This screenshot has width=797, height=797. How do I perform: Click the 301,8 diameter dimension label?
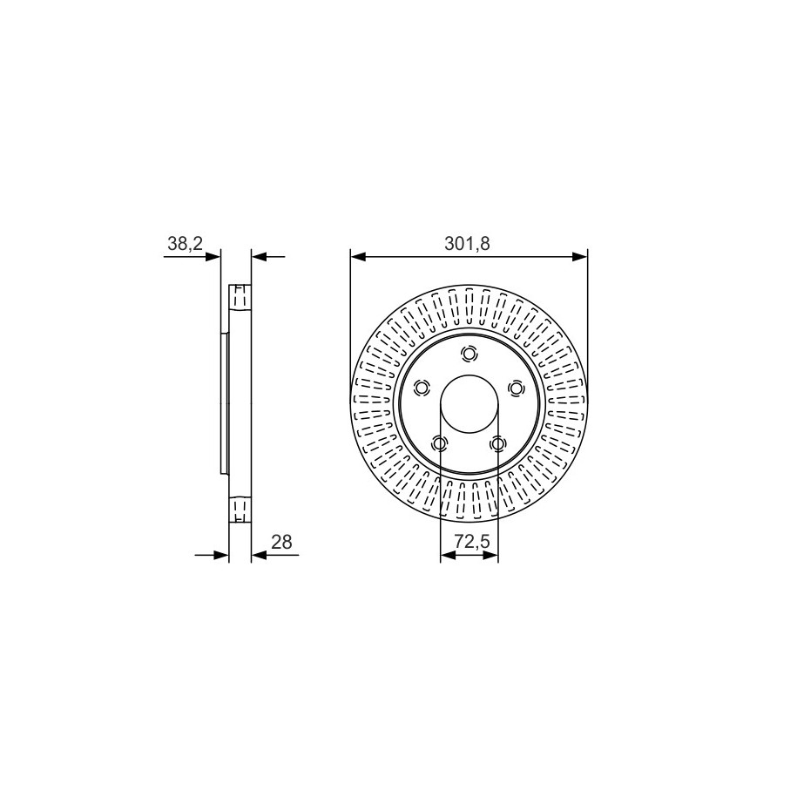coord(467,244)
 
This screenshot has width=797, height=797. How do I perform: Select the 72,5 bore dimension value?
coord(471,542)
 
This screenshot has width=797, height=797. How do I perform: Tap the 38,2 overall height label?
coord(185,244)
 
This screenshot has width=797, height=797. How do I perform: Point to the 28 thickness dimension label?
coord(281,542)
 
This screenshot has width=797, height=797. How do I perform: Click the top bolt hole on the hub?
coord(469,354)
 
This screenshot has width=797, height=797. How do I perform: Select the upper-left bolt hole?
coord(422,388)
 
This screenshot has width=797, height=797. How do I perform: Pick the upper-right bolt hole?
coord(516,388)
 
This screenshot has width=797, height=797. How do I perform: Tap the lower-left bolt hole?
coord(439,443)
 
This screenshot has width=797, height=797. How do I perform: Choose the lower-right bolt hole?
coord(497,443)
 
